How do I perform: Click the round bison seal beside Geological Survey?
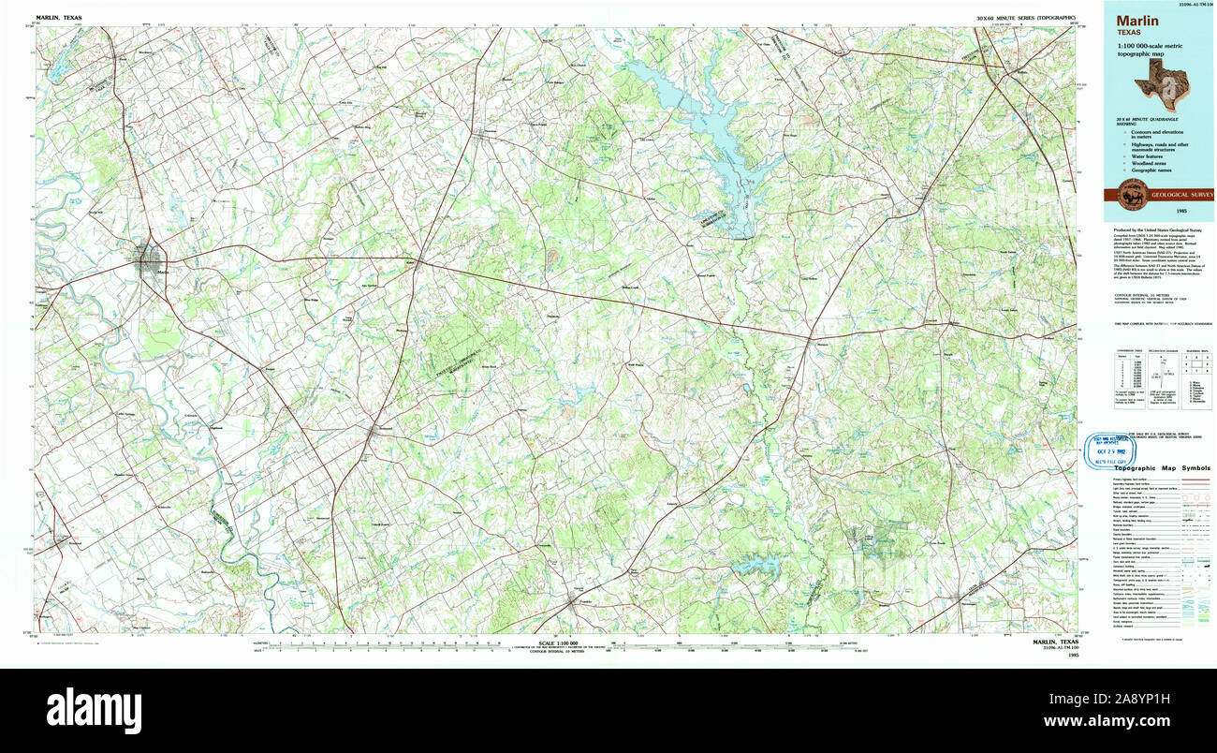pos(1126,195)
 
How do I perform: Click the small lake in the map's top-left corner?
pos(58,62)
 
